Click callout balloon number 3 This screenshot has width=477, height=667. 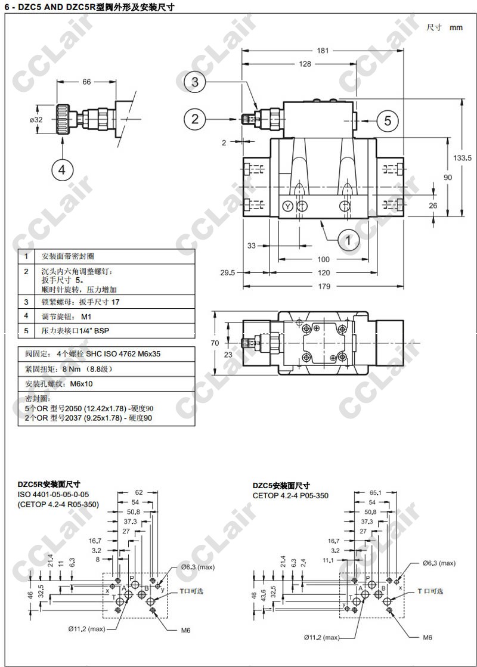195,81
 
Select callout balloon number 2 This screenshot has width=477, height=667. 195,119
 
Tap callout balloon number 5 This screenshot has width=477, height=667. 387,120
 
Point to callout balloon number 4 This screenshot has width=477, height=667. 62,170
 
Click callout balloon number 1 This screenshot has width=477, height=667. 348,240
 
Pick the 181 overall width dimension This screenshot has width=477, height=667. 323,51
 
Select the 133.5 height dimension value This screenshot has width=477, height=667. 462,158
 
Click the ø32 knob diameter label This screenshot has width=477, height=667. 36,120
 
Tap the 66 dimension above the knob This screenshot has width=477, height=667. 86,82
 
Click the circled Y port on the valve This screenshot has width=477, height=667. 288,206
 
